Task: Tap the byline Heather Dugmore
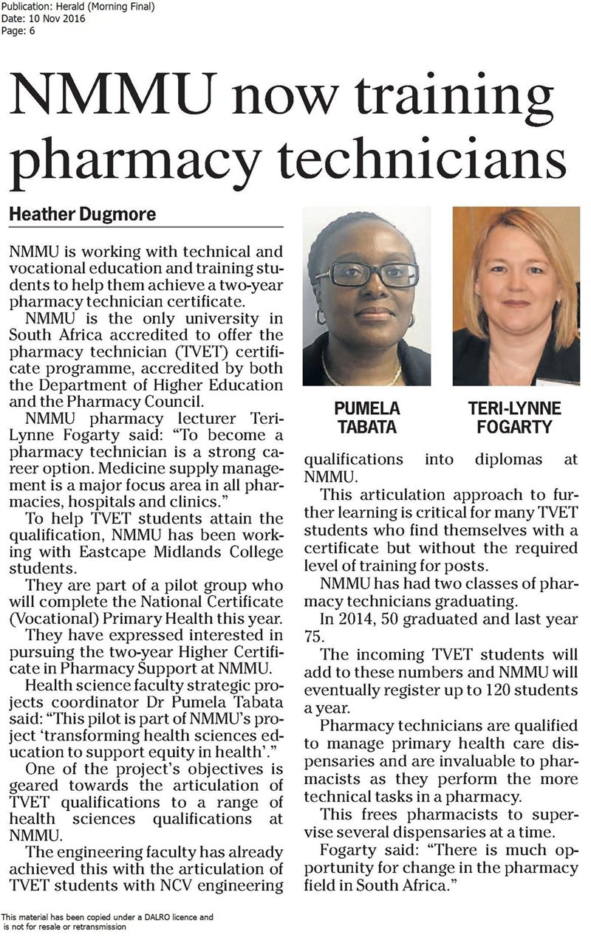click(82, 215)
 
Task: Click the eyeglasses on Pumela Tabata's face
click(366, 275)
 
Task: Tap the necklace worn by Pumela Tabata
click(362, 377)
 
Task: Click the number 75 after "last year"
click(314, 637)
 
